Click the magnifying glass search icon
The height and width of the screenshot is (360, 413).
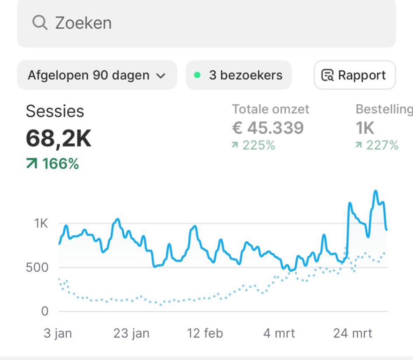[x=40, y=23]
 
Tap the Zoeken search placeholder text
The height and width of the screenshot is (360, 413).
[x=83, y=23]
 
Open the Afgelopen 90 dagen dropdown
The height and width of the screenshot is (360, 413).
[x=97, y=75]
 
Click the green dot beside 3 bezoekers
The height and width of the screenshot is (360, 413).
[x=197, y=75]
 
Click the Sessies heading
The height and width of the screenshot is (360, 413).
[x=55, y=111]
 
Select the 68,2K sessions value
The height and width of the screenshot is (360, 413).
[x=58, y=138]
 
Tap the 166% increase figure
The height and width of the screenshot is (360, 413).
[x=53, y=164]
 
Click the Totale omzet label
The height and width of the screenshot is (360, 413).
[x=270, y=109]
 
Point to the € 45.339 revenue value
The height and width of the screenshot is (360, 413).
[x=268, y=128]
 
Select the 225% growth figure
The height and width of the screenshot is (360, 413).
[x=254, y=145]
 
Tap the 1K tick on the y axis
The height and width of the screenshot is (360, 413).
[x=41, y=223]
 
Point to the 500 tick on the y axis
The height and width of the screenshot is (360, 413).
[x=37, y=268]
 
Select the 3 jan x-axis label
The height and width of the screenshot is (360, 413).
[x=58, y=333]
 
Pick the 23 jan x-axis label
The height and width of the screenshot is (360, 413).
[x=131, y=333]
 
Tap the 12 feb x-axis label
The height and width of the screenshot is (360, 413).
[x=205, y=333]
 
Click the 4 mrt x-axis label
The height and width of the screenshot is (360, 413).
[x=279, y=333]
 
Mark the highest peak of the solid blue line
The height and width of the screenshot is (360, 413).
[x=376, y=191]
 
